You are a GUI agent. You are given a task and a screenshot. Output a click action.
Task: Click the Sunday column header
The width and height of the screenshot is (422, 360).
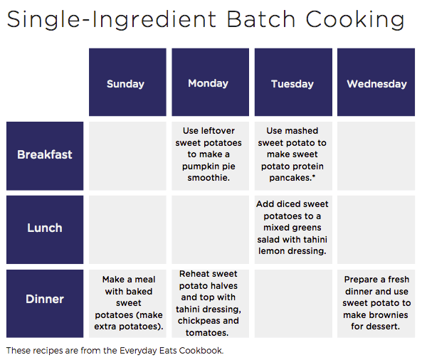click(x=127, y=82)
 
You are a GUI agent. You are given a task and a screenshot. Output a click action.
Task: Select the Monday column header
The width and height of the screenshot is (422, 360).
click(x=210, y=82)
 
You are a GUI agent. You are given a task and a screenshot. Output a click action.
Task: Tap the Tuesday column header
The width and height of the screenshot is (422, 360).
click(x=293, y=82)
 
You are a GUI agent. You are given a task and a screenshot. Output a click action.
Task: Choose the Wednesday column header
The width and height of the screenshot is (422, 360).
click(x=376, y=82)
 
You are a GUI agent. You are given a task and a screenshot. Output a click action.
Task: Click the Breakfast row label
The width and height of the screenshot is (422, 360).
click(x=45, y=156)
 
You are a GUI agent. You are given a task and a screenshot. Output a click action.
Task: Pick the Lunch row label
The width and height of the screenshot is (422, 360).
click(x=45, y=230)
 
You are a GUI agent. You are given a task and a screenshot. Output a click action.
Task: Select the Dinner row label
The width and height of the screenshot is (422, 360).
click(x=45, y=304)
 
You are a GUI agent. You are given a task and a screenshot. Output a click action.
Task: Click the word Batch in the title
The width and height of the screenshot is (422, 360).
click(x=260, y=19)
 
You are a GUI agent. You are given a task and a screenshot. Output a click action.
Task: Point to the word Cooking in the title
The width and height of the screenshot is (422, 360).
click(x=354, y=20)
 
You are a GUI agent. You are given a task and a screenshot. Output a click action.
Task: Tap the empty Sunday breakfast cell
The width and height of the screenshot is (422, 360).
click(x=127, y=156)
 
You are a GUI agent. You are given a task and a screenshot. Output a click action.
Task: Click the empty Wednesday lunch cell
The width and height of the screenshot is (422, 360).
click(x=376, y=230)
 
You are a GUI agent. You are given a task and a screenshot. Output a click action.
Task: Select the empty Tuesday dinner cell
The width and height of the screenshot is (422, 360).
click(x=293, y=304)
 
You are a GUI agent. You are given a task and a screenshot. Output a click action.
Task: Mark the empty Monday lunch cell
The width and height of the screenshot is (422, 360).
click(x=210, y=230)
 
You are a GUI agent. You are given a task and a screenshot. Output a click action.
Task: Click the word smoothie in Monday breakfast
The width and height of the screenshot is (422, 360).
click(x=209, y=178)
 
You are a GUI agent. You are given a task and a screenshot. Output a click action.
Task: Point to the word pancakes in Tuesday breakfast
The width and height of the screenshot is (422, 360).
click(x=290, y=178)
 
